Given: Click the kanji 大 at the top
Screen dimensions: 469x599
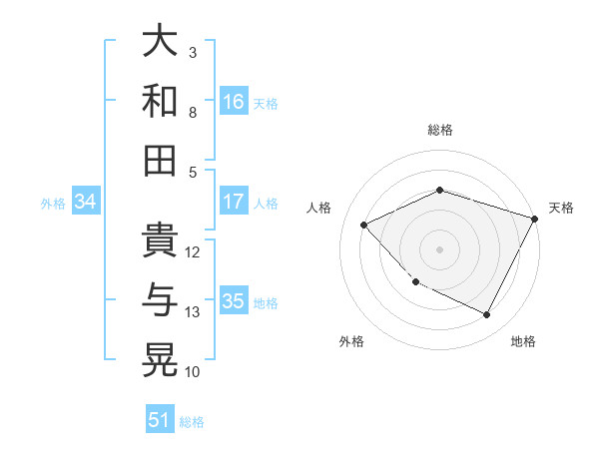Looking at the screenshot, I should point(160,43).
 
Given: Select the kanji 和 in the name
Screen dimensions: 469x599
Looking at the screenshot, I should point(160,102).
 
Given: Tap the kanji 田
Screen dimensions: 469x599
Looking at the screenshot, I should point(160,160).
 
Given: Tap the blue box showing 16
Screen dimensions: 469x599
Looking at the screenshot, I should point(234,102).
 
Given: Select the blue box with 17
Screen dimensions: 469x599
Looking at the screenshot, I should point(234,202).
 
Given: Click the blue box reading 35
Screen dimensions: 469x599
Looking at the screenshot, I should point(234,301).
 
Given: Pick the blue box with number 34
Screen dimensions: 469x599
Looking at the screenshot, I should point(85,203).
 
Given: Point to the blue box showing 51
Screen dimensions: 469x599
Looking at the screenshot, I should point(160,420).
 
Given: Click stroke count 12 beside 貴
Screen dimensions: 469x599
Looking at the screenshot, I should point(194,252).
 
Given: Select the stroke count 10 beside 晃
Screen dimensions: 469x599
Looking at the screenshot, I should point(194,372).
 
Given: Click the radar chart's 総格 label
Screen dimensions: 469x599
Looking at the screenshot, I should point(440,130).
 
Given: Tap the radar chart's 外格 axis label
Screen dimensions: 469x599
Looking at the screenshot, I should point(351,341).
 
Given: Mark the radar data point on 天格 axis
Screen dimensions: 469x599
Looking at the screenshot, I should point(535,219).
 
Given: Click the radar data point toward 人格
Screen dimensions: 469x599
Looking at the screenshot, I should point(364,225).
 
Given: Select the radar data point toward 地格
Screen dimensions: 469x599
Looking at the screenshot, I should point(487,315).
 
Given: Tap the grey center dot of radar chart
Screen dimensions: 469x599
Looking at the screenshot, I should point(440,248).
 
